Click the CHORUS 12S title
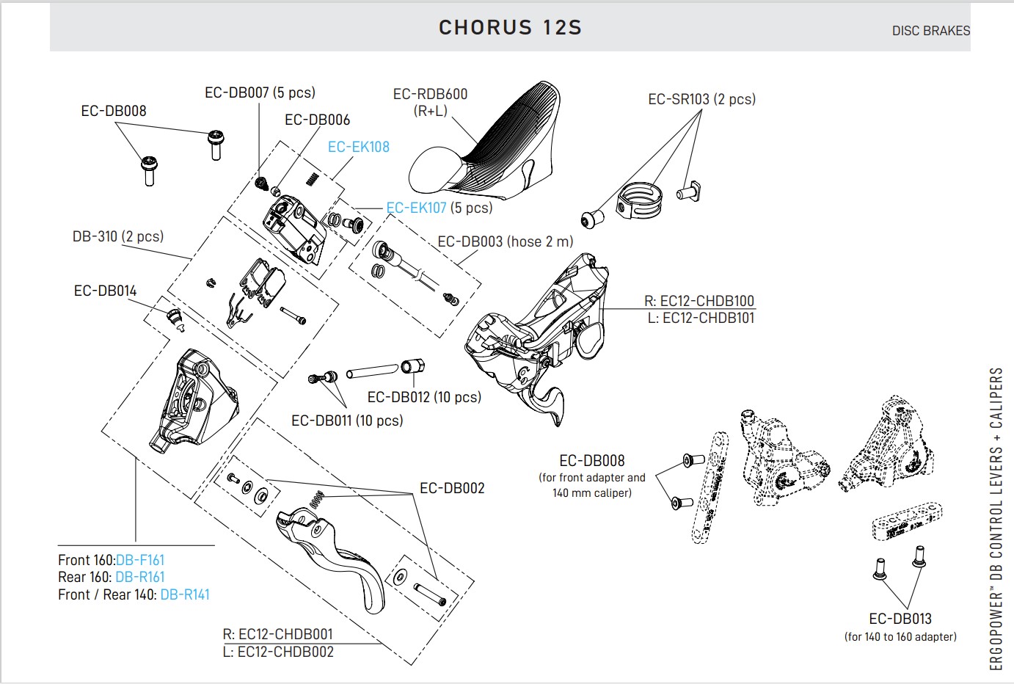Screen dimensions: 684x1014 (510, 28)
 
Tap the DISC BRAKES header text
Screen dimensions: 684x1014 (930, 31)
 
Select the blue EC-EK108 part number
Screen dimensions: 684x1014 (358, 147)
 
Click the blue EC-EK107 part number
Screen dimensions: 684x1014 (416, 208)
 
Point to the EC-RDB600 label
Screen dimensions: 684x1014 (430, 94)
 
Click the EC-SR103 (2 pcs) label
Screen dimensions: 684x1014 (701, 99)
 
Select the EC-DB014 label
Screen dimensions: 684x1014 (105, 291)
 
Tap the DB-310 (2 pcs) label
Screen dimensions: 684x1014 (117, 236)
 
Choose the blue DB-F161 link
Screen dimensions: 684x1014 (140, 560)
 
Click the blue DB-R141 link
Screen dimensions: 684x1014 (185, 594)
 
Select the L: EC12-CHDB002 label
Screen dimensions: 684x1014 (278, 652)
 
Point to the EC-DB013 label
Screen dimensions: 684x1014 (900, 619)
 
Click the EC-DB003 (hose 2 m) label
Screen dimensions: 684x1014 (506, 241)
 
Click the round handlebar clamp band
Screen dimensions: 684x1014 (640, 200)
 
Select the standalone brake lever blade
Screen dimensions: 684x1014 (338, 550)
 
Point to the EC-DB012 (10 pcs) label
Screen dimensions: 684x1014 (424, 397)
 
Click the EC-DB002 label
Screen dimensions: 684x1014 (452, 488)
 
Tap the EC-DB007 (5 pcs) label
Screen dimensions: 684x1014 (260, 92)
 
